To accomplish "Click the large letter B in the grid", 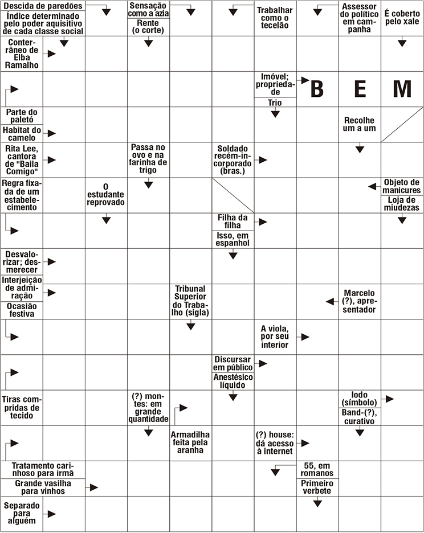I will click(317, 89).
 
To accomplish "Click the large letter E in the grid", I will click(360, 89).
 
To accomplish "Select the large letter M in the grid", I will click(402, 89).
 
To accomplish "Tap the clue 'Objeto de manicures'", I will click(402, 186).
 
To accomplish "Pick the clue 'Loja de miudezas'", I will click(402, 204).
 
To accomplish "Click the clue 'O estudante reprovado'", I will click(106, 194).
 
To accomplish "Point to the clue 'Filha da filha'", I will click(233, 222).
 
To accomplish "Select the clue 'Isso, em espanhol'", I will click(233, 239).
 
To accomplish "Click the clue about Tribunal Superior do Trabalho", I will click(190, 302).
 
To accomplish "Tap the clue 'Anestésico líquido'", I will click(233, 381).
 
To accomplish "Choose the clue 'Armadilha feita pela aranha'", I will click(190, 442).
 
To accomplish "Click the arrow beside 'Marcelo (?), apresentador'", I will click(329, 301).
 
